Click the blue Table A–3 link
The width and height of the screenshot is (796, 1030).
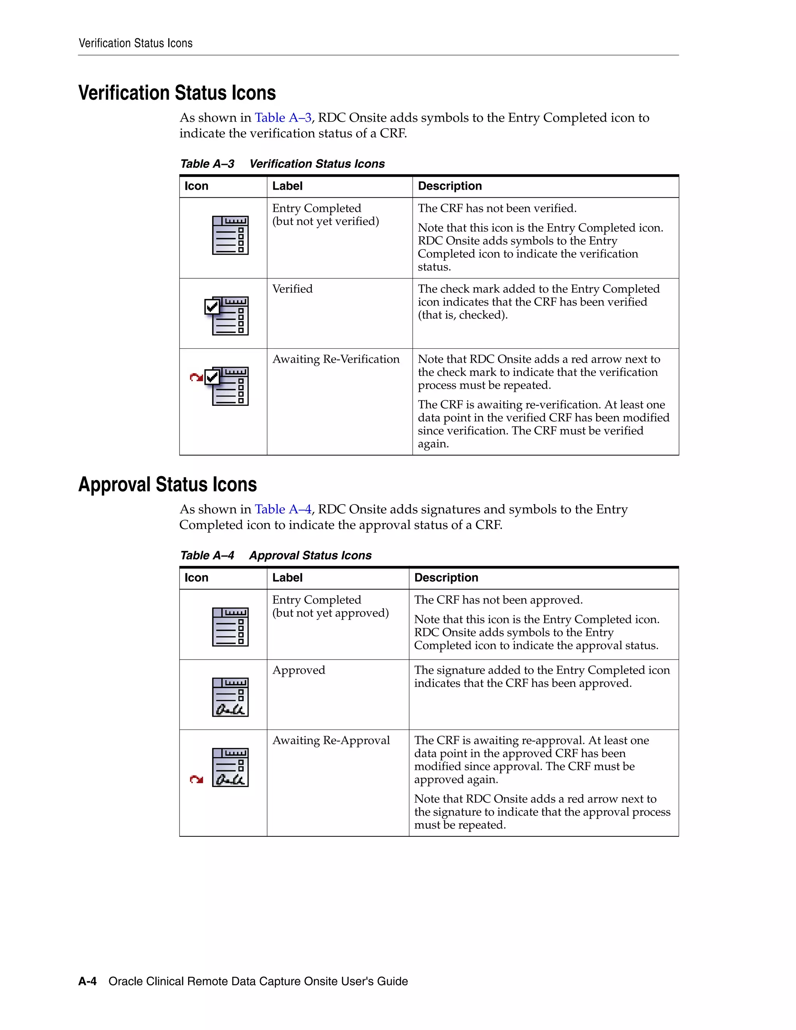[x=283, y=118]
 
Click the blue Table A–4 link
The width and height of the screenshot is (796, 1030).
[x=283, y=509]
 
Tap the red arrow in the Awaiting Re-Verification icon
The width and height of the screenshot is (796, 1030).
[x=196, y=377]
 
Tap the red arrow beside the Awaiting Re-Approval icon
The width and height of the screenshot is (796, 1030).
[x=196, y=780]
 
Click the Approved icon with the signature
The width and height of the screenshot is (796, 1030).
[x=230, y=697]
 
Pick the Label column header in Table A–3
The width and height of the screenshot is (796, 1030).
[x=287, y=186]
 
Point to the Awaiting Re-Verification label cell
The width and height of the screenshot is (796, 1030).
[x=336, y=360]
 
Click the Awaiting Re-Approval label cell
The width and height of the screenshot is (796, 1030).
[x=331, y=740]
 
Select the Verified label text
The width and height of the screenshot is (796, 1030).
[x=292, y=289]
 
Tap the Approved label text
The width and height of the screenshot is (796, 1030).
[x=298, y=670]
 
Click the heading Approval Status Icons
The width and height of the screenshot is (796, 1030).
[x=168, y=485]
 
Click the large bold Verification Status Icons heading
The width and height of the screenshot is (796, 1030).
[x=177, y=93]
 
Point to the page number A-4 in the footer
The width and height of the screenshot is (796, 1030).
[x=87, y=981]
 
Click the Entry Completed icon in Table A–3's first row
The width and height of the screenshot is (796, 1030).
[x=230, y=235]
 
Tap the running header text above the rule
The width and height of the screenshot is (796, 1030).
[x=135, y=44]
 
